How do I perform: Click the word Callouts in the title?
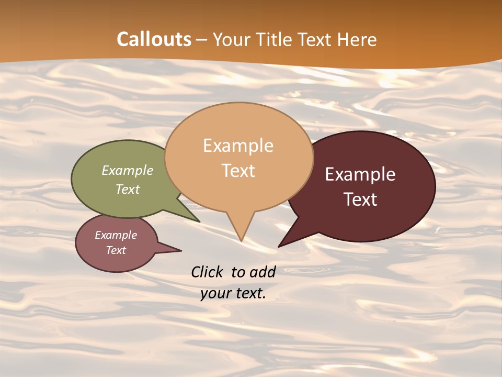[154, 39]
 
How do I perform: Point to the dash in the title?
[202, 39]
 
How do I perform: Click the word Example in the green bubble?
[128, 170]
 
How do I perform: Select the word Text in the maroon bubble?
[360, 199]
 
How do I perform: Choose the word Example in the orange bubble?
[238, 145]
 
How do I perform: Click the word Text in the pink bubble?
[116, 250]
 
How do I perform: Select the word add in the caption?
[263, 272]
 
